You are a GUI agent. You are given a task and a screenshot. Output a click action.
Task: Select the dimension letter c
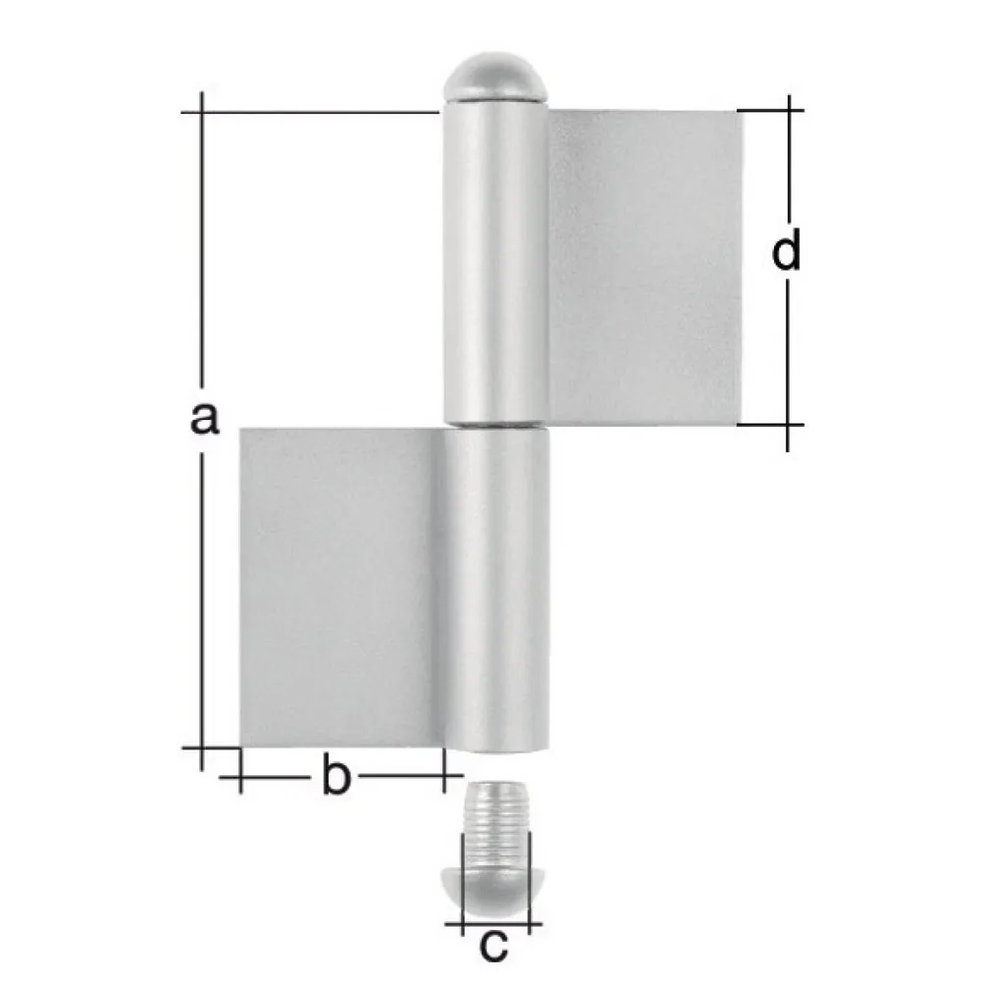pyautogui.click(x=494, y=946)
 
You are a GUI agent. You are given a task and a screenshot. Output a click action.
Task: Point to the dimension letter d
pyautogui.click(x=787, y=252)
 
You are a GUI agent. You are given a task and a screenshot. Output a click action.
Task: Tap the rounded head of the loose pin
pyautogui.click(x=495, y=869)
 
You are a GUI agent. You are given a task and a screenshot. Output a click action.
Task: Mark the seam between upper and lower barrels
pyautogui.click(x=495, y=427)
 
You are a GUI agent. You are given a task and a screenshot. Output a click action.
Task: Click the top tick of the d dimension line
pyautogui.click(x=788, y=110)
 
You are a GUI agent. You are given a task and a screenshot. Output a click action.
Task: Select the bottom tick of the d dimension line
pyautogui.click(x=788, y=425)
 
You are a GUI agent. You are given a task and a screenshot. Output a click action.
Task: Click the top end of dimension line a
pyautogui.click(x=202, y=113)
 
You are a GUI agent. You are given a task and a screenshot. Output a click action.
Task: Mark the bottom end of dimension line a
pyautogui.click(x=202, y=748)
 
